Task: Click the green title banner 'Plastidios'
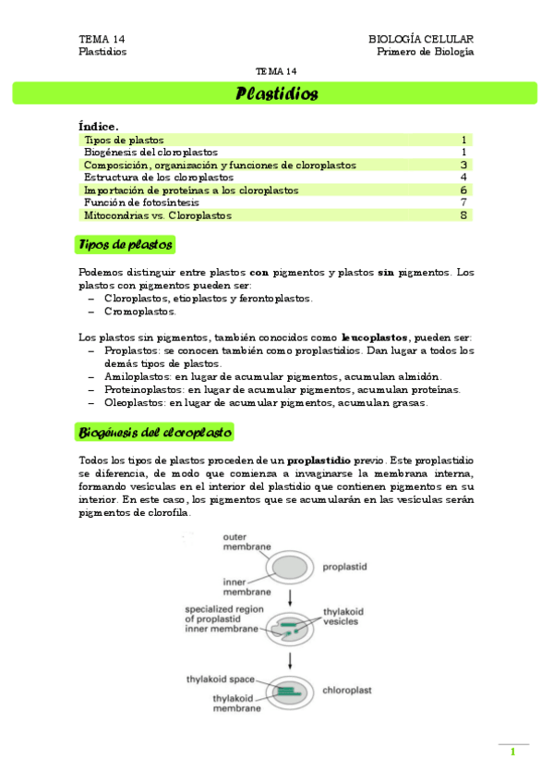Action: coord(276,93)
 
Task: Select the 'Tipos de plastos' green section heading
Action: coord(125,245)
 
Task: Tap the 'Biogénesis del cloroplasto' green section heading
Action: coord(155,432)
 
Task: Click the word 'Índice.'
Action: coord(99,126)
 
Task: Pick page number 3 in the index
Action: coord(463,165)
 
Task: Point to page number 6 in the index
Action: coord(463,190)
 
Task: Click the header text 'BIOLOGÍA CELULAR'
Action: coord(421,39)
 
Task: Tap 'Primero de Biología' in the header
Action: coord(426,52)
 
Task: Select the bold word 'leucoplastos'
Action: coord(374,338)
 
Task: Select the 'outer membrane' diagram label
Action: coord(246,542)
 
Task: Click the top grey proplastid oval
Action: coord(293,565)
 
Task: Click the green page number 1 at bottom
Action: coord(512,752)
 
